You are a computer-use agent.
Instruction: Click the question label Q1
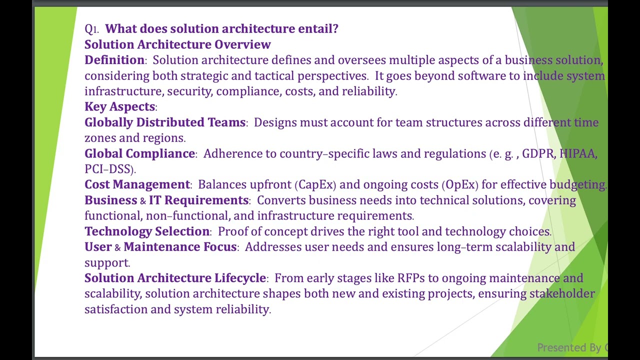[x=91, y=29]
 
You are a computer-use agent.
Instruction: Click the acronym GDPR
[x=537, y=153]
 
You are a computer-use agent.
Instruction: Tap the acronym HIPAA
[x=577, y=153]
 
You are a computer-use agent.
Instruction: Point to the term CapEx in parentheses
[x=316, y=184]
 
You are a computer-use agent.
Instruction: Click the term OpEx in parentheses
[x=460, y=184]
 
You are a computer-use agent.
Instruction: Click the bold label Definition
[x=114, y=60]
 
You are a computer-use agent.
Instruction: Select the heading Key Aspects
[x=119, y=106]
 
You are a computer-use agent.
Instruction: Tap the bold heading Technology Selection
[x=147, y=231]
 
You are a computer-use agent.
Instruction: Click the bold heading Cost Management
[x=137, y=184]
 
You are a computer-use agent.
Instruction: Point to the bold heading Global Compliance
[x=139, y=153]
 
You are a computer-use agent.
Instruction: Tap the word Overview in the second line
[x=242, y=44]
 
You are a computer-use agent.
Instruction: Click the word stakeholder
[x=562, y=293]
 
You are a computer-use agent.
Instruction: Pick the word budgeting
[x=577, y=184]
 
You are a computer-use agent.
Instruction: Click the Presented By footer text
[x=570, y=347]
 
